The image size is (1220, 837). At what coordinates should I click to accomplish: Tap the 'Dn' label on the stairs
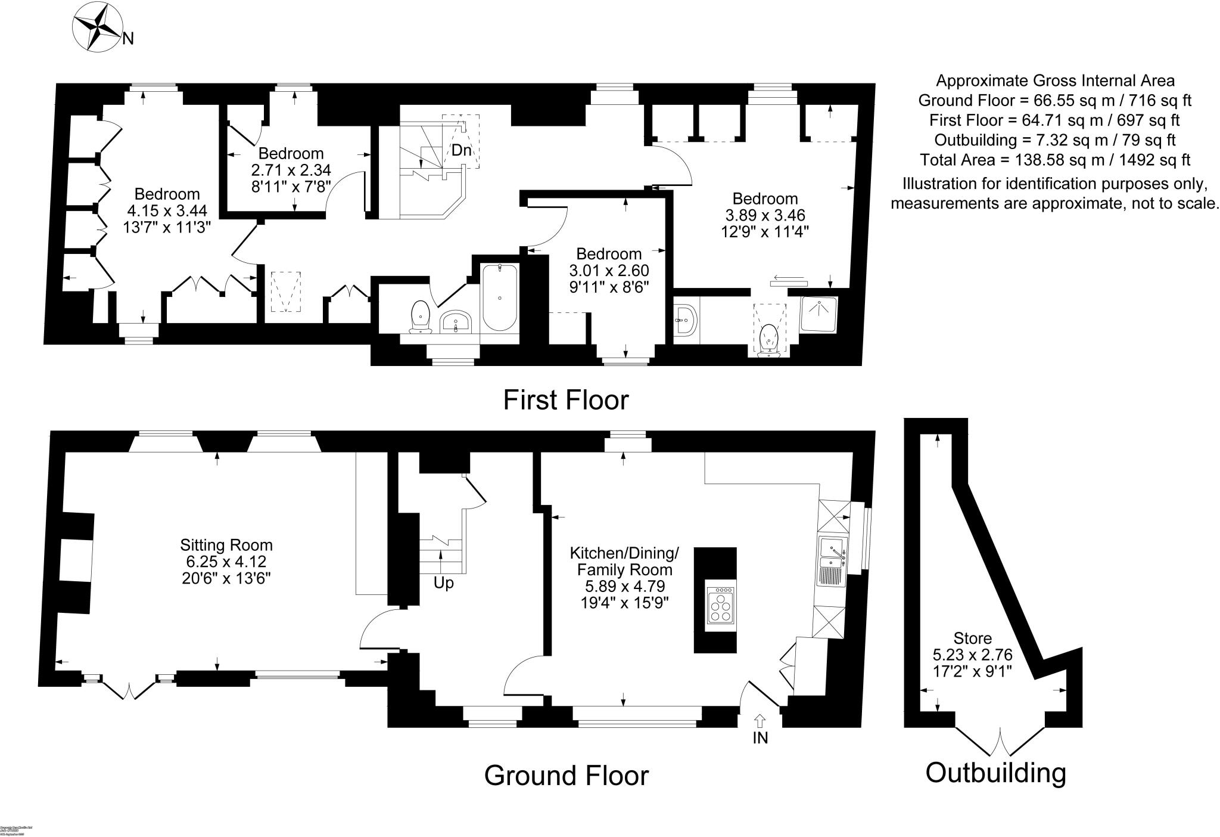(461, 150)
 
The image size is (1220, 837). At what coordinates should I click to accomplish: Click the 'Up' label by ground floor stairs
(443, 582)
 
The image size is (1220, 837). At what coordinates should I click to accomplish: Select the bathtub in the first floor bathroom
(499, 297)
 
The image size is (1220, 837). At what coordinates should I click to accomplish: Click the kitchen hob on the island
(720, 605)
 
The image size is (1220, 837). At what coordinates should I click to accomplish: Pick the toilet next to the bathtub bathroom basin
(421, 316)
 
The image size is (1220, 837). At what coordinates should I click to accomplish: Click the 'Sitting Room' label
(226, 545)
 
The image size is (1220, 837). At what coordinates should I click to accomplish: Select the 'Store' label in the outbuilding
(972, 638)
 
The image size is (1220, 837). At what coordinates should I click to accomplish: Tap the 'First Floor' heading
(565, 400)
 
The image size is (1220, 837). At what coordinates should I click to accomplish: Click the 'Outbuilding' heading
(995, 773)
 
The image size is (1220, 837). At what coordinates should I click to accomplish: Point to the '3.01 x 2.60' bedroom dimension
(609, 271)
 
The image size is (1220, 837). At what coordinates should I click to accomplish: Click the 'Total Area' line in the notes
(1054, 160)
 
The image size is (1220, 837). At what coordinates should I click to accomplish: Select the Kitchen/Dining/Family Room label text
(624, 561)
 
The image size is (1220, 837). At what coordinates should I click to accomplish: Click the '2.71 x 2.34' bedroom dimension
(291, 170)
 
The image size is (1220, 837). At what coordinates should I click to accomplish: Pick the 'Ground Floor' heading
(566, 776)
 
